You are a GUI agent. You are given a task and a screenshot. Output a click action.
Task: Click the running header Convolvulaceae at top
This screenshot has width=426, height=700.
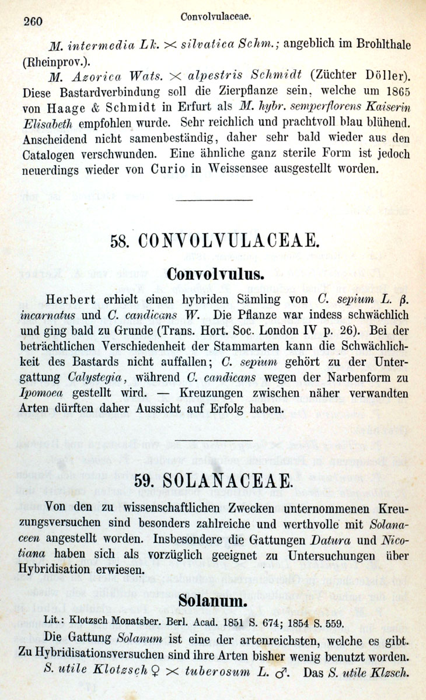216,17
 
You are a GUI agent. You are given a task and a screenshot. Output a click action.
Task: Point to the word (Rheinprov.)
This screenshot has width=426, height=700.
51,60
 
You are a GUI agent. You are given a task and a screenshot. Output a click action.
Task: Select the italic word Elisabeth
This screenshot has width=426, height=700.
50,124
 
